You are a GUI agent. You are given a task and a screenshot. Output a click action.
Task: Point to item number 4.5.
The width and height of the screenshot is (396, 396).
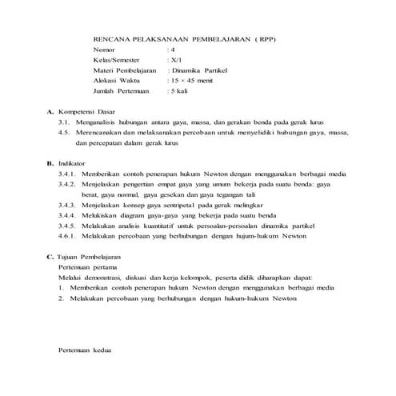pyautogui.click(x=66, y=133)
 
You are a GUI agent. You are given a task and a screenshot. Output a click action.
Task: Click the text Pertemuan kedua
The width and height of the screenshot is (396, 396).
pyautogui.click(x=84, y=351)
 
